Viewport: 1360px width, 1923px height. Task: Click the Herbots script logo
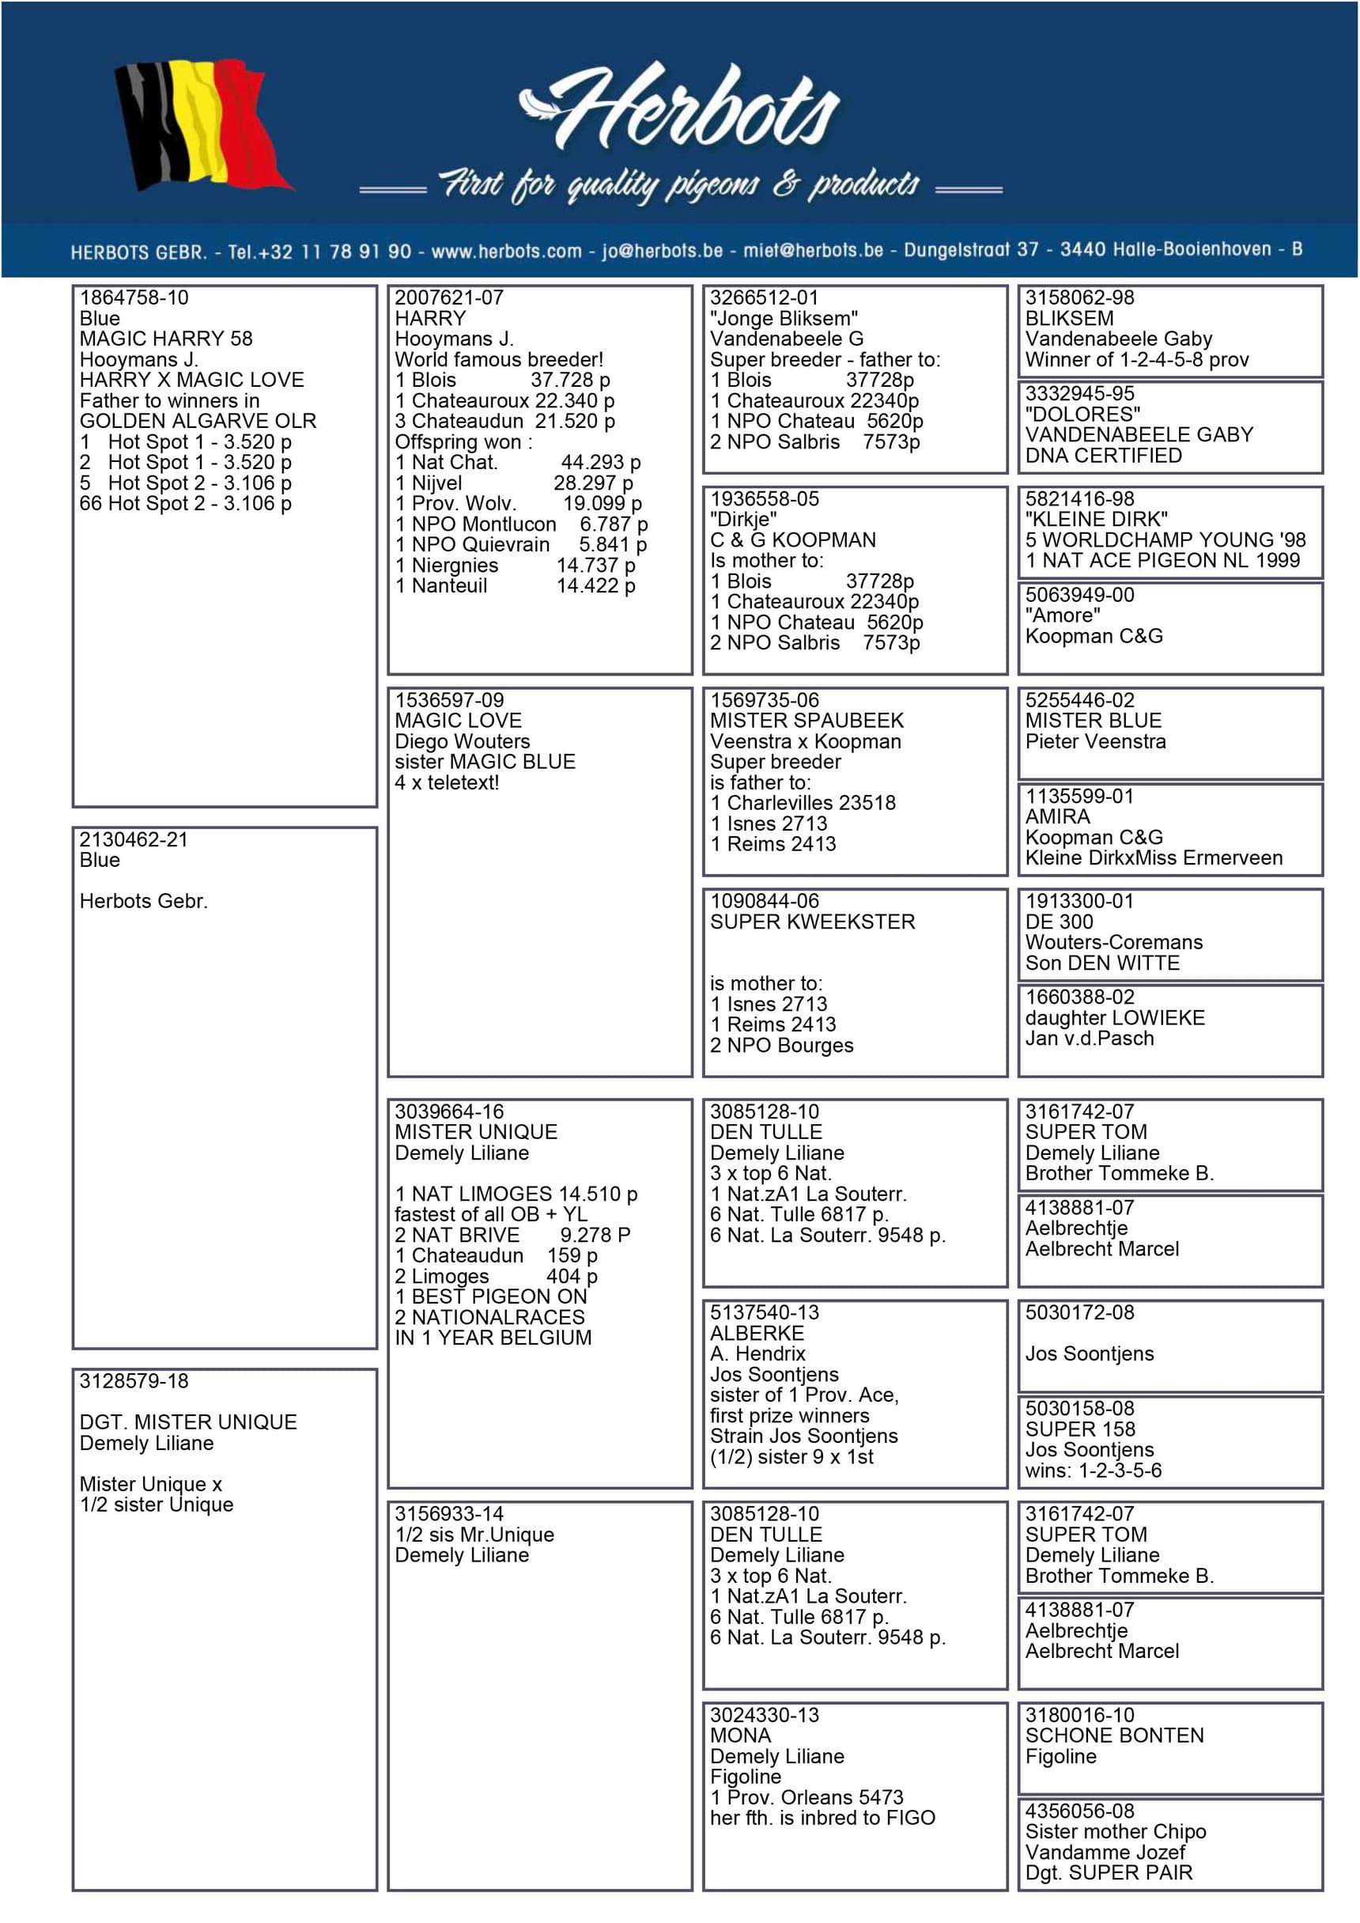(680, 109)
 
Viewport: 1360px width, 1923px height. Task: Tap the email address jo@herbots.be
(662, 251)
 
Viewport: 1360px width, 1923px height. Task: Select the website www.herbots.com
(506, 252)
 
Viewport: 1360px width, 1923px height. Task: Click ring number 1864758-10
(134, 297)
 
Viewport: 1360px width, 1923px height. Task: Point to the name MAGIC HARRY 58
(166, 339)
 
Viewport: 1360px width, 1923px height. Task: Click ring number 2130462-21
(134, 839)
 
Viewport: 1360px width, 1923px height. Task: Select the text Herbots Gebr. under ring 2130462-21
(143, 901)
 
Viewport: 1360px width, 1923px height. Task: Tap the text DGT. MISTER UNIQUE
(188, 1422)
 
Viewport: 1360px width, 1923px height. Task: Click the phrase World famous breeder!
(499, 359)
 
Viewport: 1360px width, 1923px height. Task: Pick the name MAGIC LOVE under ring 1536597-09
(458, 721)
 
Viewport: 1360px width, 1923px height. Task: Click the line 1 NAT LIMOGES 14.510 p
(516, 1194)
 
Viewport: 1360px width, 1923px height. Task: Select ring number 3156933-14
(449, 1513)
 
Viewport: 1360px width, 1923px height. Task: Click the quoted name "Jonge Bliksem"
(784, 318)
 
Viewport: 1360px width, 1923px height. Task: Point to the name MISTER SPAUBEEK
(807, 721)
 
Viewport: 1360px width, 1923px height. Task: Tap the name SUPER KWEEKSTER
(812, 922)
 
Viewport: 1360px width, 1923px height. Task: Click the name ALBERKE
(757, 1333)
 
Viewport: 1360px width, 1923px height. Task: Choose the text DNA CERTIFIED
(1104, 456)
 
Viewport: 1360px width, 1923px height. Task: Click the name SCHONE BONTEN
(1114, 1736)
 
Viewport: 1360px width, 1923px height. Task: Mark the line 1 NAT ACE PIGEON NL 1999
(1162, 560)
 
